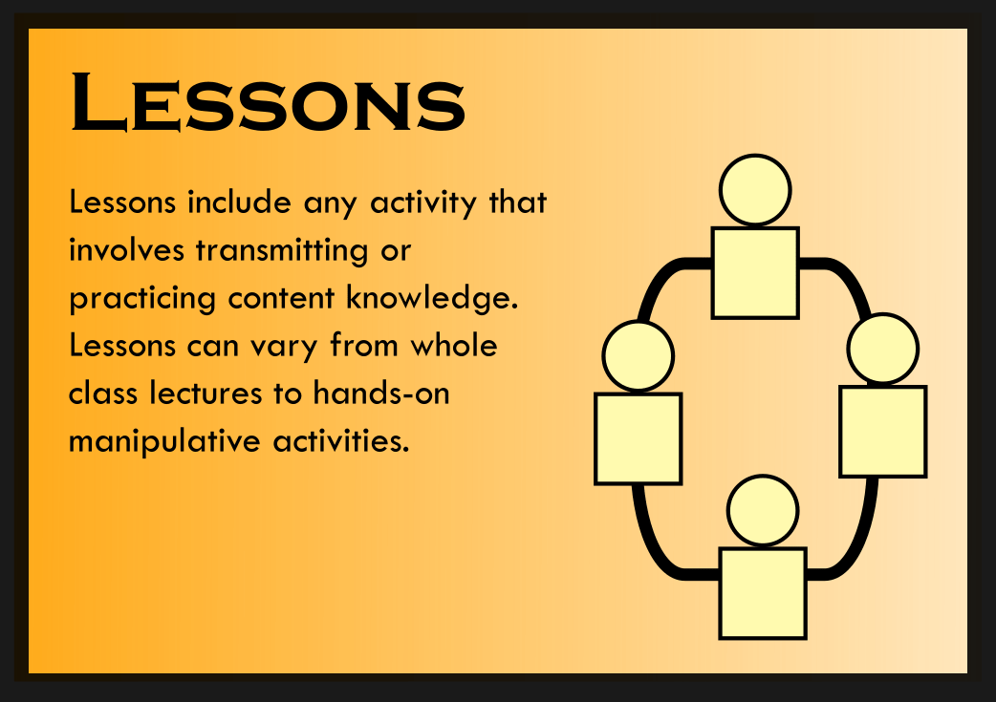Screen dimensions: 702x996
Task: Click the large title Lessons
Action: point(268,101)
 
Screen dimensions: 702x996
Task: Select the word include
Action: point(239,202)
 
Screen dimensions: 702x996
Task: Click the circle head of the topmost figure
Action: point(755,190)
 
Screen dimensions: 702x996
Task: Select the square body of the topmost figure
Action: point(755,272)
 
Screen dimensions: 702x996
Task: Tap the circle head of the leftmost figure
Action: point(638,355)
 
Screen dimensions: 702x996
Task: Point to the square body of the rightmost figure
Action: point(882,431)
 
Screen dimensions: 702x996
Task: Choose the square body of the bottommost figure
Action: point(762,592)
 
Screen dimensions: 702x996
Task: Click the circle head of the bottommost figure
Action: point(762,510)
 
